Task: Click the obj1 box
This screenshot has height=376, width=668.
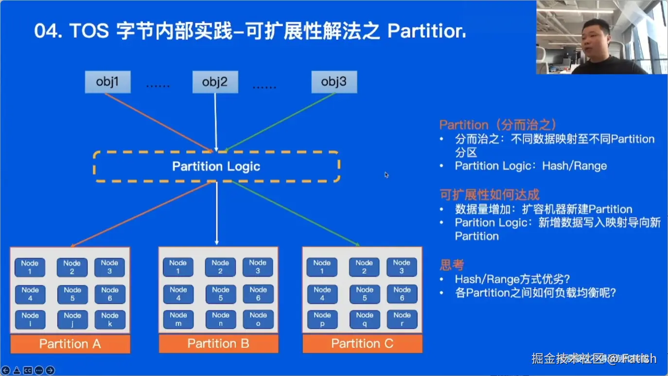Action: pyautogui.click(x=107, y=82)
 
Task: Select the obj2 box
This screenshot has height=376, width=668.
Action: pyautogui.click(x=215, y=82)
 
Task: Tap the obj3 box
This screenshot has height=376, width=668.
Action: pyautogui.click(x=334, y=82)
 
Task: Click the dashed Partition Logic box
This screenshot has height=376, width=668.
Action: pyautogui.click(x=216, y=166)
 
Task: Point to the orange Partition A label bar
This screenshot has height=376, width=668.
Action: pyautogui.click(x=70, y=344)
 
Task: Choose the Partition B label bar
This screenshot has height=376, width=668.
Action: pyautogui.click(x=218, y=344)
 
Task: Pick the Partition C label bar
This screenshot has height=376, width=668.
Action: pyautogui.click(x=362, y=344)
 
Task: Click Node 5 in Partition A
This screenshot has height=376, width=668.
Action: pyautogui.click(x=72, y=294)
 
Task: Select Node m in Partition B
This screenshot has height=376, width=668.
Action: pyautogui.click(x=178, y=320)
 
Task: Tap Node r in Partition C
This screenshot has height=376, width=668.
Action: pyautogui.click(x=402, y=320)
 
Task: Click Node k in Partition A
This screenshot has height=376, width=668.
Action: pyautogui.click(x=110, y=320)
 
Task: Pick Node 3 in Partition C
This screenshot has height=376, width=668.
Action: pyautogui.click(x=402, y=267)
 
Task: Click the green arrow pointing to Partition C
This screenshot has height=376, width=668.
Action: pyautogui.click(x=297, y=214)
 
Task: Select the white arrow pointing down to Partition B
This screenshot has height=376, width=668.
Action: pyautogui.click(x=217, y=214)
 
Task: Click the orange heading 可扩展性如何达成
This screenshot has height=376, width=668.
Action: pyautogui.click(x=490, y=195)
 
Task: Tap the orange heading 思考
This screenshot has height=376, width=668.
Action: pyautogui.click(x=452, y=265)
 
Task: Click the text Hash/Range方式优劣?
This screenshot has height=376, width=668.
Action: pyautogui.click(x=512, y=279)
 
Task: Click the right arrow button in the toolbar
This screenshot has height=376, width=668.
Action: pyautogui.click(x=50, y=371)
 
